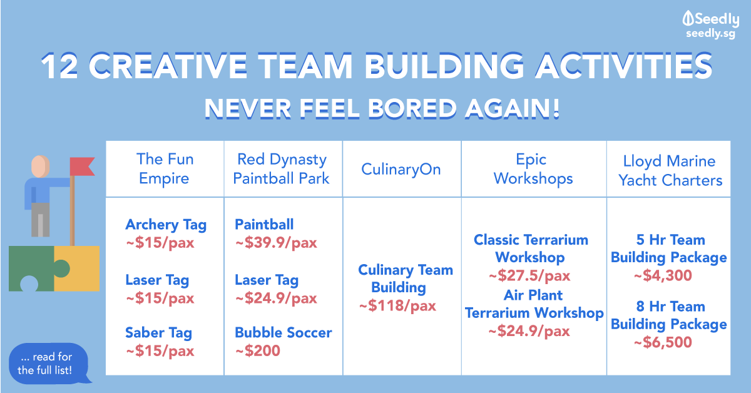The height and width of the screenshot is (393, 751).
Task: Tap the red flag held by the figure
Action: [81, 166]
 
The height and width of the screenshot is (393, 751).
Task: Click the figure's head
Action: [39, 166]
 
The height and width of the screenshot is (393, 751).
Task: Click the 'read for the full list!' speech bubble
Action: [46, 363]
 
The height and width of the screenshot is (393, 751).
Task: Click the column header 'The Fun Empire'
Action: [165, 169]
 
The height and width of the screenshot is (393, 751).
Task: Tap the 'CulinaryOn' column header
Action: [401, 170]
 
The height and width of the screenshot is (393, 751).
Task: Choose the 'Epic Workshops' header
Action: [533, 169]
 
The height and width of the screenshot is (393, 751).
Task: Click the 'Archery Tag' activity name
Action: [166, 225]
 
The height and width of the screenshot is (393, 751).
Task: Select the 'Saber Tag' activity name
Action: [158, 333]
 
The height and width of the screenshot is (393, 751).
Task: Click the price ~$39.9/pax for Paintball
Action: [276, 243]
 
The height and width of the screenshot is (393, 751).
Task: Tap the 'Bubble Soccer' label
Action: [283, 333]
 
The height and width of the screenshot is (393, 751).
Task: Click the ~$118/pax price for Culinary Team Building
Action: [397, 306]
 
